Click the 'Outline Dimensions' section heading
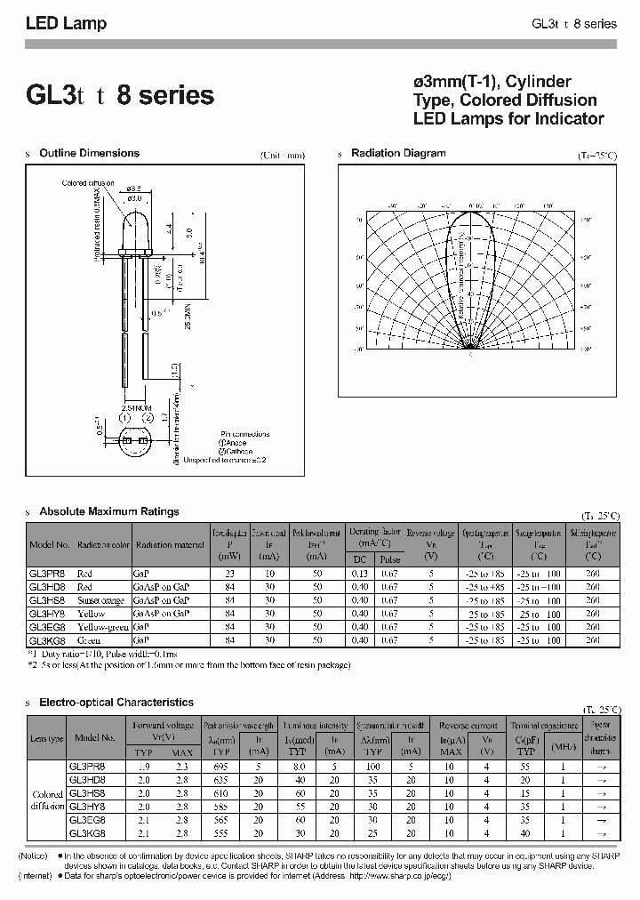(89, 153)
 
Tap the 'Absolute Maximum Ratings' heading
(109, 511)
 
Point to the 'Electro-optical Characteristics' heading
(116, 703)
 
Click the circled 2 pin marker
(148, 418)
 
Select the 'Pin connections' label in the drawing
(244, 434)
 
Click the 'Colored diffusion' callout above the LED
(88, 183)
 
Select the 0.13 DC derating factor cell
(360, 574)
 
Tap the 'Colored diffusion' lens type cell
(47, 800)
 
